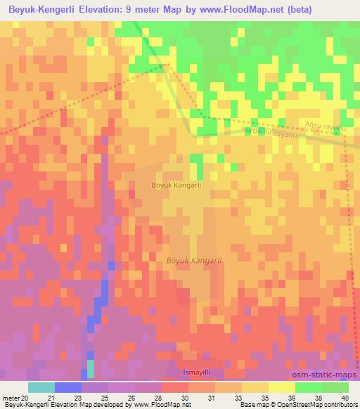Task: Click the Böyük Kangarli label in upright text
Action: pos(176,186)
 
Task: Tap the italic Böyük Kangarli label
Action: pos(194,261)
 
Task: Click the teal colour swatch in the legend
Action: pos(41,387)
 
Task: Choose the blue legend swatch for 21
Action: pos(68,387)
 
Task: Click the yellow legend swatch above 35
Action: pos(255,387)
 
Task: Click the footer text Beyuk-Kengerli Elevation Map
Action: pos(42,405)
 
